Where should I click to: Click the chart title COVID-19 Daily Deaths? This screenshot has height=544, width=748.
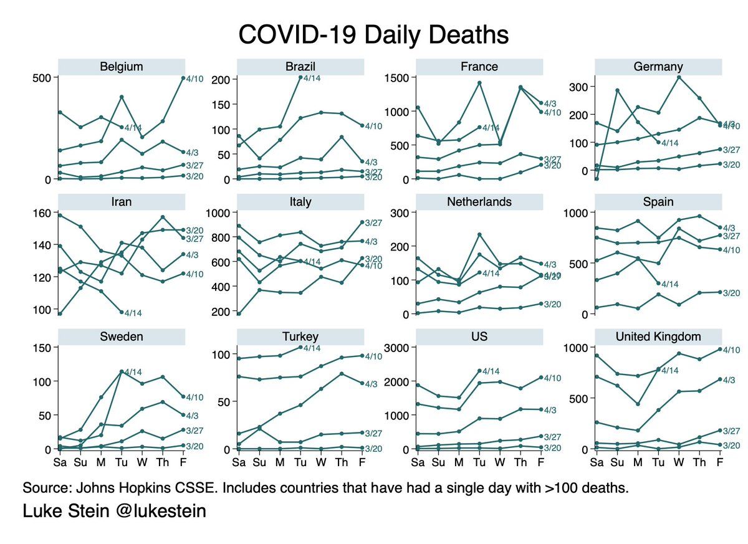[x=374, y=34]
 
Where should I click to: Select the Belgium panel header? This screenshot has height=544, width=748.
[x=122, y=67]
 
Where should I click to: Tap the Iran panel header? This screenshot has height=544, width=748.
[x=122, y=202]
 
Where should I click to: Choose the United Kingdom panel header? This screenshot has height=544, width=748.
[x=658, y=336]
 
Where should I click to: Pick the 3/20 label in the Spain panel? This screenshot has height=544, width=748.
[x=731, y=293]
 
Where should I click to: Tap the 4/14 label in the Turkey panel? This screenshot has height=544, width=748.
[x=312, y=348]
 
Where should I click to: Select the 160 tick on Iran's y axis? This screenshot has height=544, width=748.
[x=43, y=213]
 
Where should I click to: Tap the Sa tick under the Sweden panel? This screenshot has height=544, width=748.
[x=60, y=462]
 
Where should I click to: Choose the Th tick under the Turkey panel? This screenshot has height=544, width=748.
[x=341, y=462]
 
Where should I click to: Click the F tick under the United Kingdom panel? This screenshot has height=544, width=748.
[x=719, y=462]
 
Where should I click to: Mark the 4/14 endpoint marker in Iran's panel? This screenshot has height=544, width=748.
[x=122, y=312]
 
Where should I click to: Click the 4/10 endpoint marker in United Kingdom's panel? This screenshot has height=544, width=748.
[x=719, y=349]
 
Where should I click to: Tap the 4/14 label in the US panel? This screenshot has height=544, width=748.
[x=491, y=371]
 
